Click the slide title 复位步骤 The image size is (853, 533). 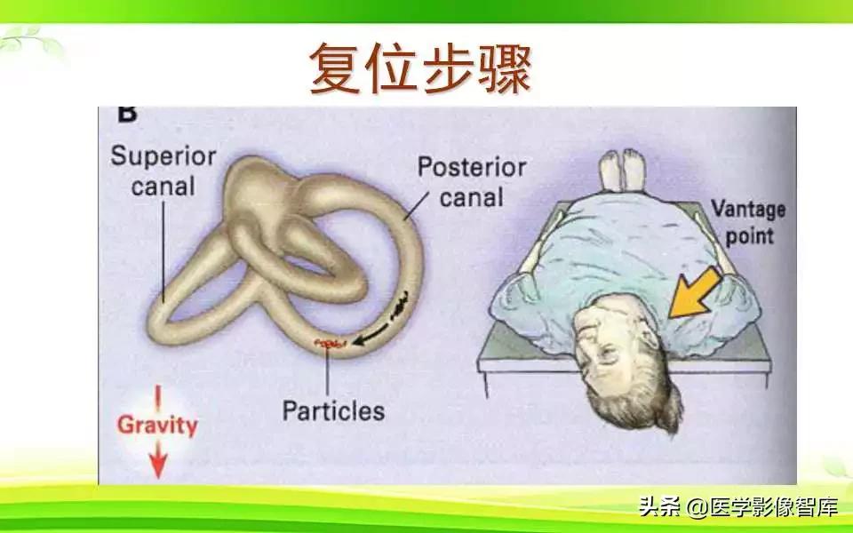click(419, 69)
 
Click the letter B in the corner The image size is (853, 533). click(127, 115)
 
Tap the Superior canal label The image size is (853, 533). click(163, 171)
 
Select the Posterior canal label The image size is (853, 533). click(472, 181)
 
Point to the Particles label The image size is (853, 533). click(333, 411)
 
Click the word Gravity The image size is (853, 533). click(157, 425)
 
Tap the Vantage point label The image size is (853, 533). click(748, 223)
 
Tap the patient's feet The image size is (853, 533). click(621, 170)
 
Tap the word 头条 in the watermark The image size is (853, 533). click(658, 507)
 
